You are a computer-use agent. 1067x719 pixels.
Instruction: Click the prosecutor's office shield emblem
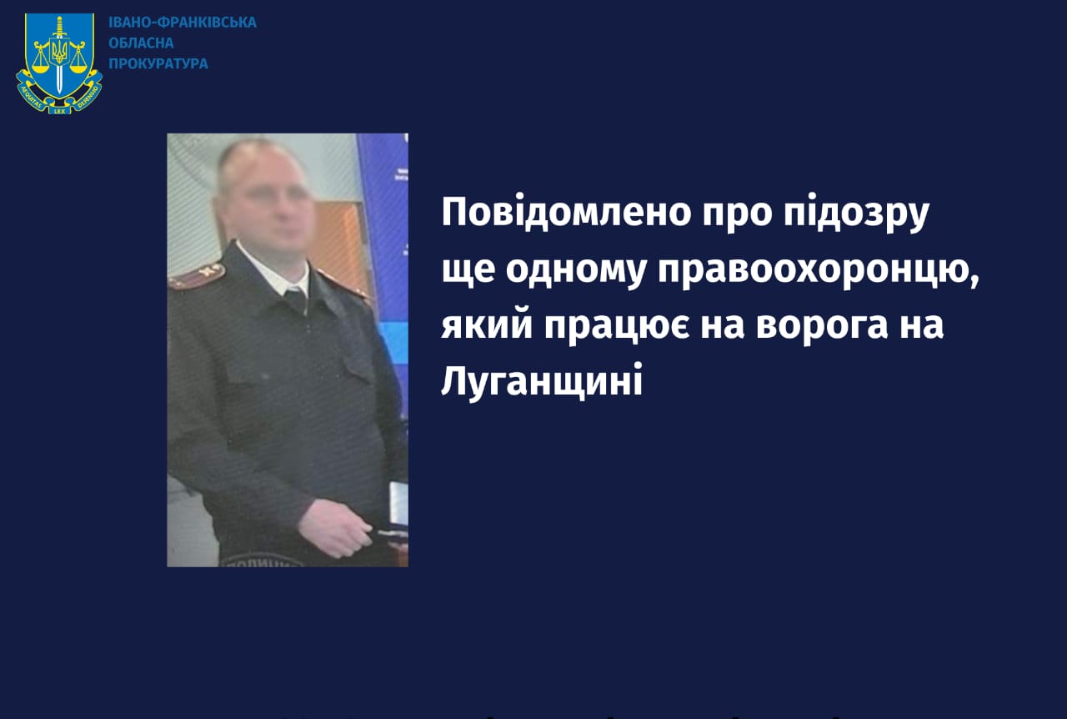(59, 63)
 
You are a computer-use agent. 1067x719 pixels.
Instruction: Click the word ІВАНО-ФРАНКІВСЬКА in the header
(183, 23)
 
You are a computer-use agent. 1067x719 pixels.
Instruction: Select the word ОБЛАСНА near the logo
(141, 43)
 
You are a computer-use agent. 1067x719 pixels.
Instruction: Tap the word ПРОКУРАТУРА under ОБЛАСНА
(158, 63)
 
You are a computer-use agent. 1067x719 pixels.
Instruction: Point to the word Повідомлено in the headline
(566, 212)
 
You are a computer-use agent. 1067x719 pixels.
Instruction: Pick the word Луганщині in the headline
(542, 380)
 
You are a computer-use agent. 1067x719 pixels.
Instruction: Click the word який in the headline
(486, 324)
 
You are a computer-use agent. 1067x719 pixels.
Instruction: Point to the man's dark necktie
(295, 301)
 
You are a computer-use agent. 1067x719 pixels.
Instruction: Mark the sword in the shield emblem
(59, 55)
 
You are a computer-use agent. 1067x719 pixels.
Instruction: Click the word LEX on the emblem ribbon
(59, 111)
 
